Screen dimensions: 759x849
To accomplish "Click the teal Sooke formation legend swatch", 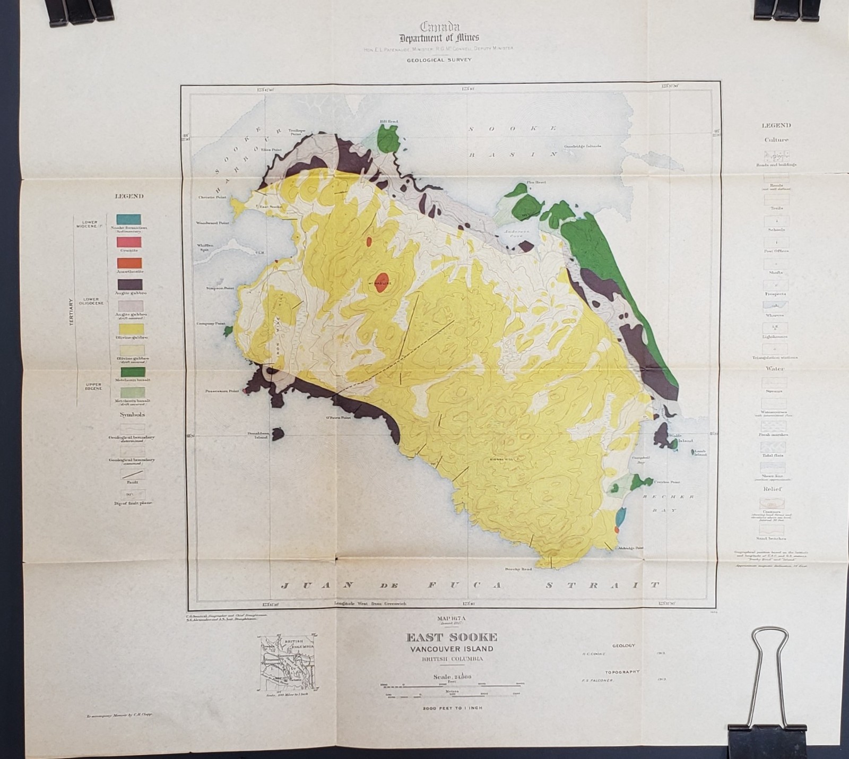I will [x=129, y=219].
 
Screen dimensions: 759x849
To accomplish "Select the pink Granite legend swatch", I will [x=129, y=241].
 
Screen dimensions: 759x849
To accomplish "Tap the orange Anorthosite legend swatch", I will [x=129, y=263].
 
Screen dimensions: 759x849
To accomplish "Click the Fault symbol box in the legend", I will [x=132, y=475].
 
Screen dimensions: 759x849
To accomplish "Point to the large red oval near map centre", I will [x=382, y=280].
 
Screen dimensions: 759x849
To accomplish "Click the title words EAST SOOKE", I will [x=452, y=637].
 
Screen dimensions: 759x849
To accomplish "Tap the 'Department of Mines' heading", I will [x=439, y=37].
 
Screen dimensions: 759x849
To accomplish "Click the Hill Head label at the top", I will [x=388, y=122].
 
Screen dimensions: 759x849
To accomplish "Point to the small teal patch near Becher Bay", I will [x=620, y=514].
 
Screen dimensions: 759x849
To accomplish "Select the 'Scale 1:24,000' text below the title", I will [x=452, y=677].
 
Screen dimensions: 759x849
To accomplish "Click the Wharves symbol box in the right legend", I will [x=776, y=306].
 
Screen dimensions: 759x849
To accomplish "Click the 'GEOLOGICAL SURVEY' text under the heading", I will [x=439, y=60].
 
